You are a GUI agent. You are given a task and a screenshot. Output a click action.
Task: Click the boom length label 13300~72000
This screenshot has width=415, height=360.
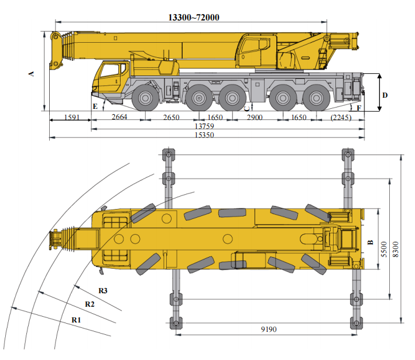pyautogui.click(x=194, y=18)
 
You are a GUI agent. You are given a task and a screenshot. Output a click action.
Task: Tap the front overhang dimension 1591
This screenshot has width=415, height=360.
pyautogui.click(x=72, y=117)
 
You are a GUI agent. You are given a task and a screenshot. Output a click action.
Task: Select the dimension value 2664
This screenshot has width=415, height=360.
pyautogui.click(x=119, y=116)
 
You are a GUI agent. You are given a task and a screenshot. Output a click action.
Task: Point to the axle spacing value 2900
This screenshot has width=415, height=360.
pyautogui.click(x=255, y=117)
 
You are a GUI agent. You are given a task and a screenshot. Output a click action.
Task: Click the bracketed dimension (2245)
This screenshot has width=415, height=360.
pyautogui.click(x=341, y=117)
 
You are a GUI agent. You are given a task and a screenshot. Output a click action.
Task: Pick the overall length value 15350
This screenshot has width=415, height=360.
pyautogui.click(x=204, y=135)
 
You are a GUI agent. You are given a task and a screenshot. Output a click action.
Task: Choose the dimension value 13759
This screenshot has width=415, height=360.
pyautogui.click(x=204, y=126)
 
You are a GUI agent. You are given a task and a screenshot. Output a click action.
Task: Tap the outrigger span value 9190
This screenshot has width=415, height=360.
pyautogui.click(x=269, y=330)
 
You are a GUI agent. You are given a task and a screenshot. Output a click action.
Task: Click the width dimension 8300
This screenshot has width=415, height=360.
pyautogui.click(x=396, y=249)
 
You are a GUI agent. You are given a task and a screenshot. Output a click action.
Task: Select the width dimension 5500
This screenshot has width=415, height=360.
pyautogui.click(x=384, y=249)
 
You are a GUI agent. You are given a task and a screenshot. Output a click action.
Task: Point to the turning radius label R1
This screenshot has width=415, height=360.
pyautogui.click(x=76, y=320)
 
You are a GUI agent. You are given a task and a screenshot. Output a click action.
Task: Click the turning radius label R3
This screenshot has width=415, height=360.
pyautogui.click(x=103, y=291)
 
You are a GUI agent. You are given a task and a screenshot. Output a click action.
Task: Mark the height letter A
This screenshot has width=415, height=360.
pyautogui.click(x=31, y=74)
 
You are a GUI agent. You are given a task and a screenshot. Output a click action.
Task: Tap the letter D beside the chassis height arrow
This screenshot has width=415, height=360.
pyautogui.click(x=385, y=95)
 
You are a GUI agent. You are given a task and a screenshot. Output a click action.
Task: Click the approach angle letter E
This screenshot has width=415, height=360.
pyautogui.click(x=95, y=107)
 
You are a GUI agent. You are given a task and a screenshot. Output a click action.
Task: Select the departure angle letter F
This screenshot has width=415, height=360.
pyautogui.click(x=359, y=108)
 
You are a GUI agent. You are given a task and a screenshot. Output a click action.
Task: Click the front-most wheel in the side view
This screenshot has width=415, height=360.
pyautogui.click(x=145, y=98)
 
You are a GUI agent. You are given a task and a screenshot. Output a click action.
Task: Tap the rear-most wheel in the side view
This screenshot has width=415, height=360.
pyautogui.click(x=316, y=98)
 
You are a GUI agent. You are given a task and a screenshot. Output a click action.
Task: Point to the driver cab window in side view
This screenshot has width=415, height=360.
pyautogui.click(x=109, y=70)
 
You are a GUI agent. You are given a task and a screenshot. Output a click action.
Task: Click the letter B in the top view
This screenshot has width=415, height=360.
pyautogui.click(x=371, y=242)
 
